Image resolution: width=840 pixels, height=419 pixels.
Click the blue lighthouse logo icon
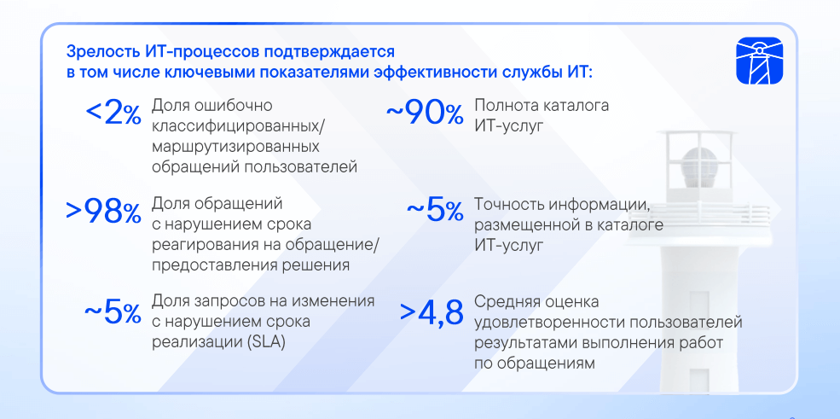759,61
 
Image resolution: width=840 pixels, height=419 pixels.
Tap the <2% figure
113,113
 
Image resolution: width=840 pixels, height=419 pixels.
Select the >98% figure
103,212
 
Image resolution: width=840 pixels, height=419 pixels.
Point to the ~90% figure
425,113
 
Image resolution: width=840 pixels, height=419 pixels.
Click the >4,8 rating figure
432,313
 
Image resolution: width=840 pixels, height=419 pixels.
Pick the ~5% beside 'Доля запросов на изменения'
113,312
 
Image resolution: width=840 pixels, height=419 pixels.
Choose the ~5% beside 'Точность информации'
435,211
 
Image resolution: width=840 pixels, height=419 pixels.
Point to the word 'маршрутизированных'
235,147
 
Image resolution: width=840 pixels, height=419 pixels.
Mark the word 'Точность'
509,204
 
